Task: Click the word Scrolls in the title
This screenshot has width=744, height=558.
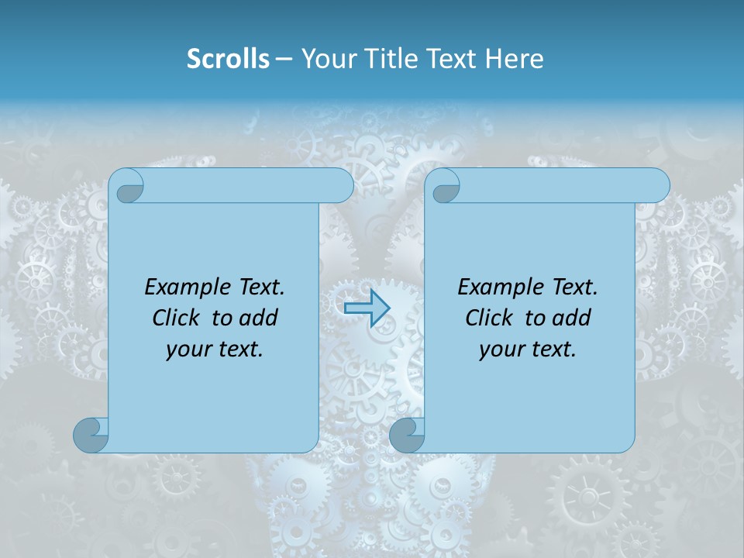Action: (x=228, y=59)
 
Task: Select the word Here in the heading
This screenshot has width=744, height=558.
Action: (x=515, y=59)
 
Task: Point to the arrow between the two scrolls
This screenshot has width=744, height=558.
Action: (x=367, y=308)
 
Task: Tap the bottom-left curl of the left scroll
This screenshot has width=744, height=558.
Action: (x=91, y=436)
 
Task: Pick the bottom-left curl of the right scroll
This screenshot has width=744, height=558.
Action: (x=406, y=436)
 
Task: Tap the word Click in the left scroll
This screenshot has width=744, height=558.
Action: (x=177, y=318)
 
